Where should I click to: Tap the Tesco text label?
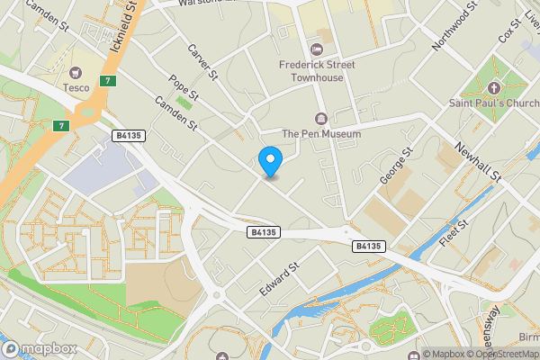(x=76, y=87)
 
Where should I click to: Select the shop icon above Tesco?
(x=76, y=70)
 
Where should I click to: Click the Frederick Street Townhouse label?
(x=316, y=71)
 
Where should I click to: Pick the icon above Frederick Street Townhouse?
(x=316, y=49)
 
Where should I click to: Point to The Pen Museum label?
(x=321, y=134)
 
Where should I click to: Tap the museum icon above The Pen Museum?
(x=321, y=118)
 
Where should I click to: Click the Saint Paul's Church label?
(x=493, y=103)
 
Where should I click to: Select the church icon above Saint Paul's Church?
(x=493, y=88)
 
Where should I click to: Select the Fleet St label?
(x=453, y=234)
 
